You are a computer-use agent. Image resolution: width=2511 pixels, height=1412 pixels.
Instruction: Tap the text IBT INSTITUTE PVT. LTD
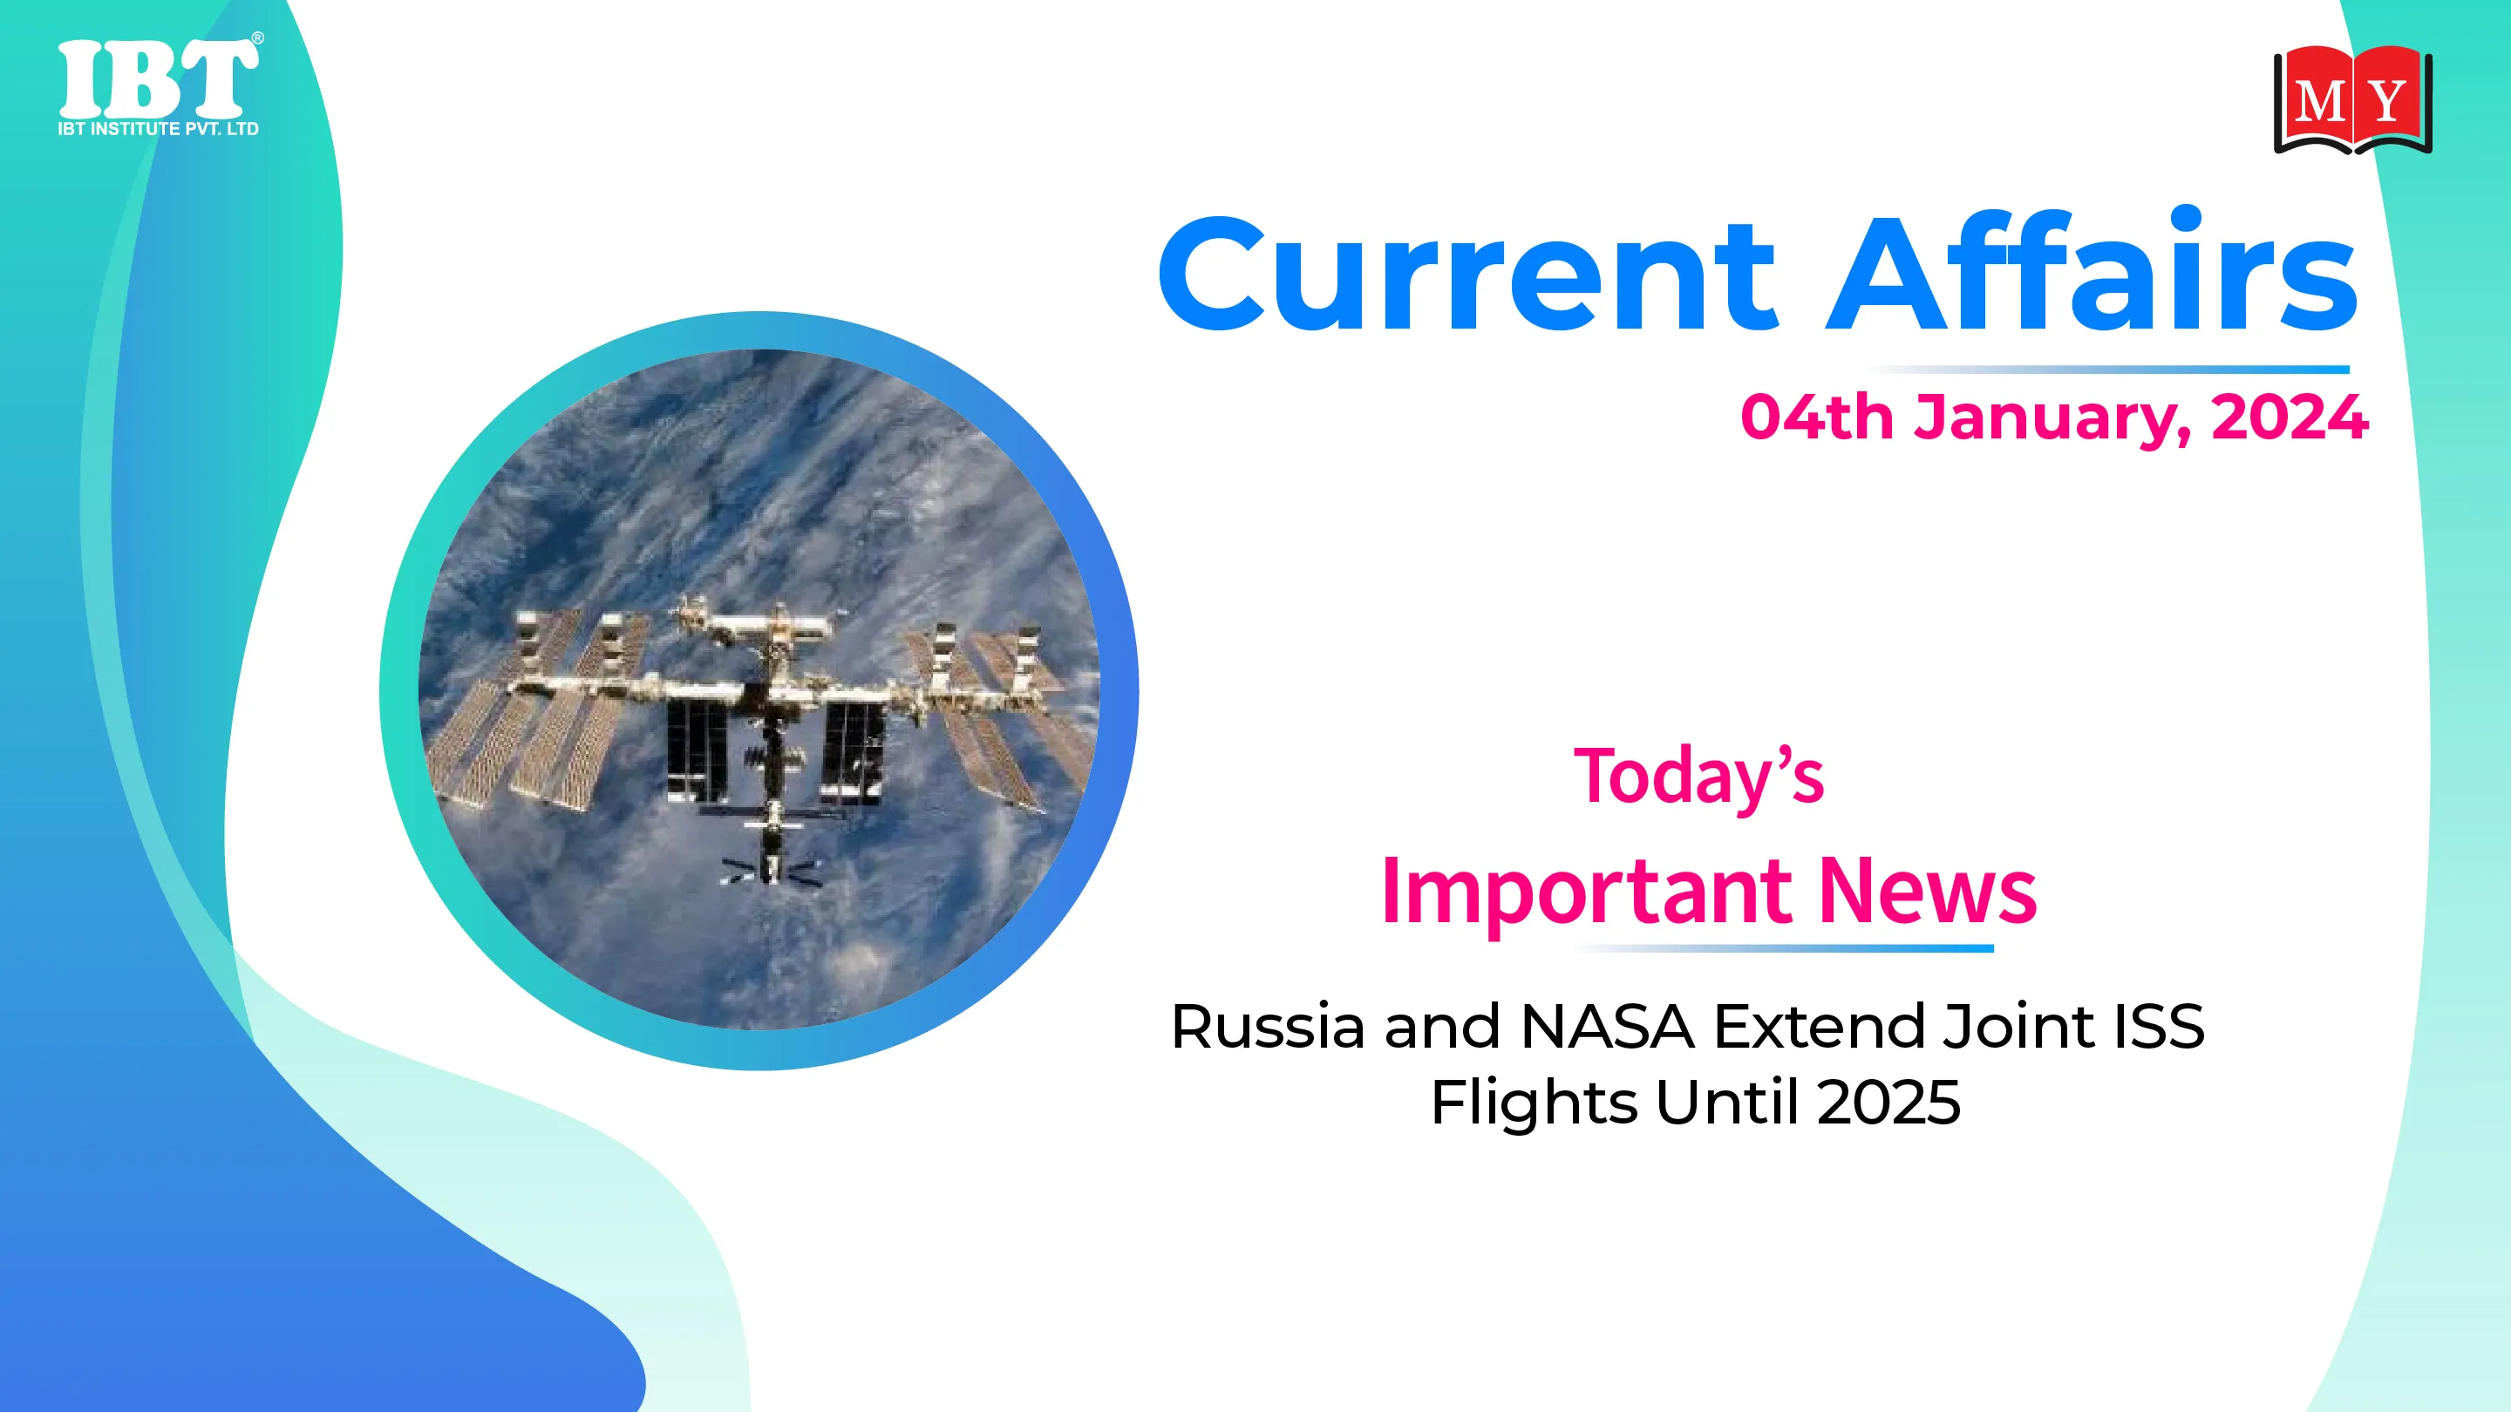pyautogui.click(x=158, y=129)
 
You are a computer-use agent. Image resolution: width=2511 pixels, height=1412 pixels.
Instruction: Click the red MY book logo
pyautogui.click(x=2353, y=99)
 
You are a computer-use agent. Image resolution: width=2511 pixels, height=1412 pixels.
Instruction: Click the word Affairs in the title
pyautogui.click(x=2092, y=270)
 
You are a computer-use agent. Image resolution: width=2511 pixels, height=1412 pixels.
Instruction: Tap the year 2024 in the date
pyautogui.click(x=2290, y=417)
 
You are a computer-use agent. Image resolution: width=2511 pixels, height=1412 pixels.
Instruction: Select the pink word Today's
pyautogui.click(x=1699, y=777)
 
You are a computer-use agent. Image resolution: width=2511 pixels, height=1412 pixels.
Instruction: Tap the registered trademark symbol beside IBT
pyautogui.click(x=257, y=38)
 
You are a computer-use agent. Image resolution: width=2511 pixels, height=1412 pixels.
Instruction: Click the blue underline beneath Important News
pyautogui.click(x=1783, y=948)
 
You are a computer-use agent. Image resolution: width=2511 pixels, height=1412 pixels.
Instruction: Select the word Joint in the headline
pyautogui.click(x=2018, y=1027)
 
